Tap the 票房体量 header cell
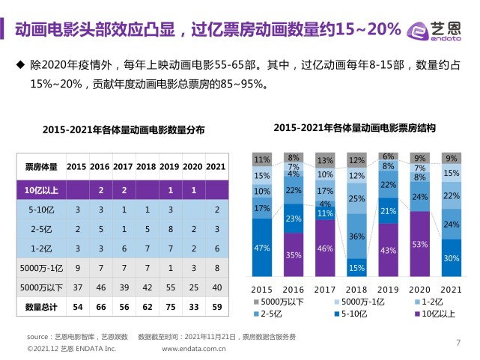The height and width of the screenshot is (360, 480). pos(40,166)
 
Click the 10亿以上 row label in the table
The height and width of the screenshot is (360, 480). pos(40,190)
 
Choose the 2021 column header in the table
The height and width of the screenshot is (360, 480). pos(216,166)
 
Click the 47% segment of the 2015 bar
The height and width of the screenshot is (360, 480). pos(261,247)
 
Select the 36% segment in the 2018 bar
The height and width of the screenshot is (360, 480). pos(356,237)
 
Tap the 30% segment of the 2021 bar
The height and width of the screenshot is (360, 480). pos(452,257)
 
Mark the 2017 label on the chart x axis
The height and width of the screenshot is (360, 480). pos(325,289)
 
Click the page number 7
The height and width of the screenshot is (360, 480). pos(458,344)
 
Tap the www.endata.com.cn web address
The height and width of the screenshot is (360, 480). pos(194,349)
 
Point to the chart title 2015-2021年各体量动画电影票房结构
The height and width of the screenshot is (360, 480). pos(355,128)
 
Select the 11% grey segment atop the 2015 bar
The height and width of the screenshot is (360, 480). pos(261,159)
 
